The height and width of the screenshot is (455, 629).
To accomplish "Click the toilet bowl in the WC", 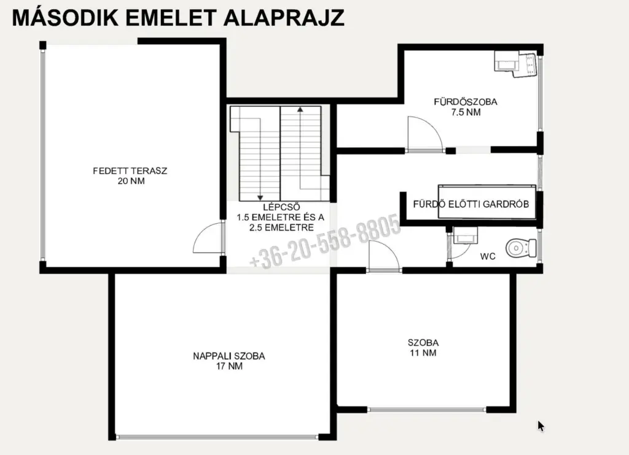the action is pyautogui.click(x=521, y=248).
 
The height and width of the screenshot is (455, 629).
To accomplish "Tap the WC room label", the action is pyautogui.click(x=488, y=256).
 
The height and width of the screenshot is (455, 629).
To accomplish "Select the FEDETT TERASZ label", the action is pyautogui.click(x=130, y=171).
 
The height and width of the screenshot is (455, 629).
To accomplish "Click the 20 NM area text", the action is pyautogui.click(x=131, y=181).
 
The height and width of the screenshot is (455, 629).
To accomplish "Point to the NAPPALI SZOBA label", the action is pyautogui.click(x=229, y=356).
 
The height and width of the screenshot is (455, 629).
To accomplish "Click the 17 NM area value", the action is pyautogui.click(x=230, y=366).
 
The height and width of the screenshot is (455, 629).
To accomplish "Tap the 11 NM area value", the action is pyautogui.click(x=423, y=353).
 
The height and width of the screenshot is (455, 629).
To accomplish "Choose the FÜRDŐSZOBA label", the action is pyautogui.click(x=466, y=102).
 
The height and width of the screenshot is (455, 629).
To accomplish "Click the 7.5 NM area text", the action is pyautogui.click(x=466, y=113).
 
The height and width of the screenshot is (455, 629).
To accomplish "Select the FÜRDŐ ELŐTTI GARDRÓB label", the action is pyautogui.click(x=471, y=204).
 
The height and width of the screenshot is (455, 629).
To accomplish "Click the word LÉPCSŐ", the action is pyautogui.click(x=281, y=207).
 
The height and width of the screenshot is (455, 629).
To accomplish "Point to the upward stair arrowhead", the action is pyautogui.click(x=300, y=109).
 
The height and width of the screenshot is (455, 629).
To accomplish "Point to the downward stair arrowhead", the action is pyautogui.click(x=260, y=198).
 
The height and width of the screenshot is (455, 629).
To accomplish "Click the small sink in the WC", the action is pyautogui.click(x=465, y=235).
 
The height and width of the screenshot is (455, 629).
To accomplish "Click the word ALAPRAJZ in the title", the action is pyautogui.click(x=284, y=18).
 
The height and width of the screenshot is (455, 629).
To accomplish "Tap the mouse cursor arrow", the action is pyautogui.click(x=541, y=426).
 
